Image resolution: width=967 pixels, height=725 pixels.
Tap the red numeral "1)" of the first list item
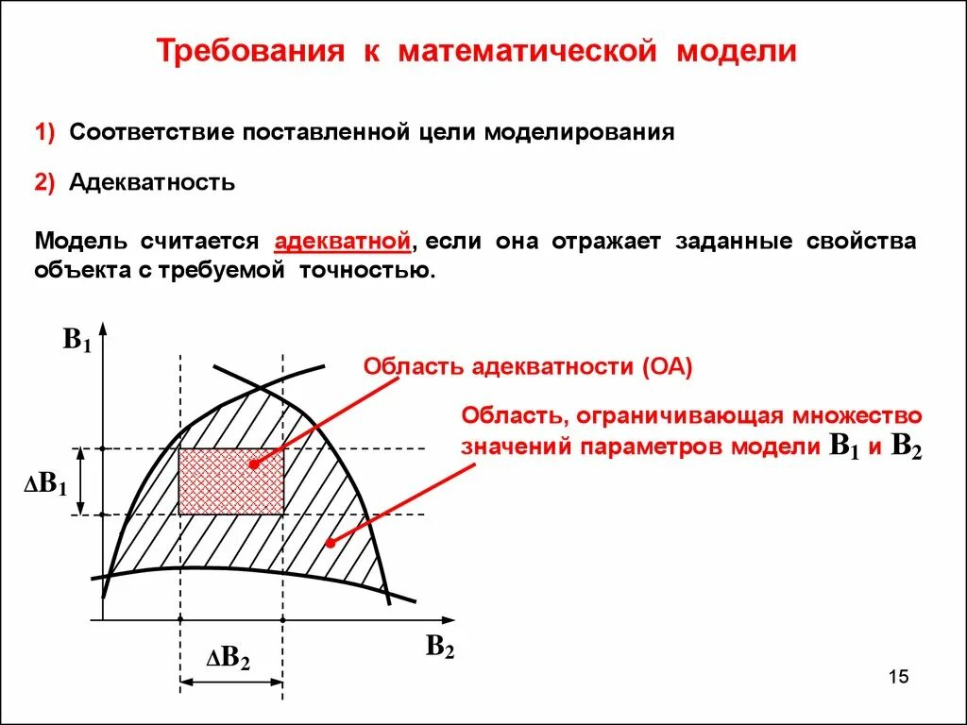[x=47, y=132]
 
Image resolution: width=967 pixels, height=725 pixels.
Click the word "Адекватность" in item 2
[x=152, y=182]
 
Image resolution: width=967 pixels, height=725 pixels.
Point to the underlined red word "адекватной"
[x=343, y=241]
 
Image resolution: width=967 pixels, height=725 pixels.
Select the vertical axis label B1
[x=76, y=341]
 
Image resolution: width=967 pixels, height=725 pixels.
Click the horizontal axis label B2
[x=439, y=647]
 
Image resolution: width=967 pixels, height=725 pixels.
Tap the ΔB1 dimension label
[x=45, y=485]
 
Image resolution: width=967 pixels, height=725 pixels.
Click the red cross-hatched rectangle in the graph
[x=231, y=481]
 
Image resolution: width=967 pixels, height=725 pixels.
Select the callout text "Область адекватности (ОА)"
[x=528, y=367]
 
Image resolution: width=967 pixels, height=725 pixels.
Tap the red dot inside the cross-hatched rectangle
[x=253, y=464]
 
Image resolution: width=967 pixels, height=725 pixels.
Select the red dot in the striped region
[x=330, y=542]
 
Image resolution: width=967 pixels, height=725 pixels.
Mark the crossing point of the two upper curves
[x=258, y=385]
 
